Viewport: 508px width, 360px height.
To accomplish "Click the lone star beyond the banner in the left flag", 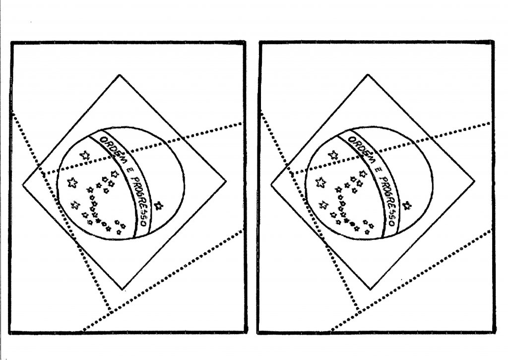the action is [158, 206].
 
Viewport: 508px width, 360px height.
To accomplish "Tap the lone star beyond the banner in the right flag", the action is [407, 206].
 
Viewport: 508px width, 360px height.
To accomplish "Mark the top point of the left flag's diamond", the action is [120, 75].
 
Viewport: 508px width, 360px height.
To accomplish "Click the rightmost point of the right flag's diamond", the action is [475, 181].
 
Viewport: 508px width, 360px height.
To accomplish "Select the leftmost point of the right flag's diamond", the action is [271, 185].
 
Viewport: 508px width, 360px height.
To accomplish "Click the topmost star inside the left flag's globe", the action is [85, 155].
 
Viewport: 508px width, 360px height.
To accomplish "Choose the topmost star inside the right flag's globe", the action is [333, 155].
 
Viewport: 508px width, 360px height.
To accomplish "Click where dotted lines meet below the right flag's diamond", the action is [358, 311].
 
